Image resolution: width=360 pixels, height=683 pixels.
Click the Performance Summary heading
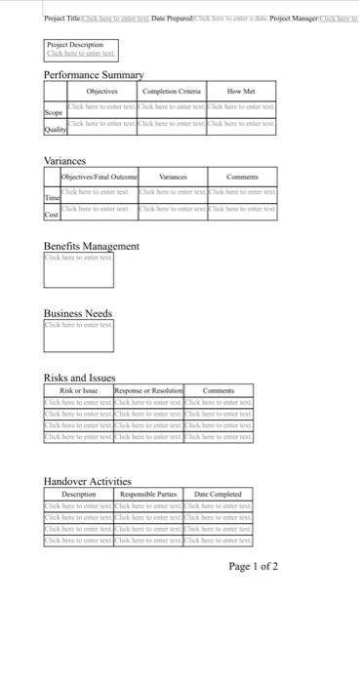click(x=94, y=75)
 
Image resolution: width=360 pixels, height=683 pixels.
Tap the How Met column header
click(x=242, y=91)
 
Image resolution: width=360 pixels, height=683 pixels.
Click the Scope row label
click(x=54, y=112)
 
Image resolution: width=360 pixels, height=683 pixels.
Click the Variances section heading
click(x=65, y=160)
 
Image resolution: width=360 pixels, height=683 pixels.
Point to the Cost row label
click(x=53, y=213)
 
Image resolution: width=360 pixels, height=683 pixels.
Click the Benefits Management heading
click(x=92, y=247)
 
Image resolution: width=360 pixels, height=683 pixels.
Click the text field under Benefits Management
click(x=78, y=270)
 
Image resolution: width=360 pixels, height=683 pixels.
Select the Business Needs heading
click(x=78, y=313)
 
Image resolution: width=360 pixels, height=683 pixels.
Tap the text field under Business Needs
click(x=78, y=337)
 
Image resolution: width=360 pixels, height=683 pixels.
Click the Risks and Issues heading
click(x=79, y=378)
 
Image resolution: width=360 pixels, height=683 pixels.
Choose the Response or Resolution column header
click(x=148, y=389)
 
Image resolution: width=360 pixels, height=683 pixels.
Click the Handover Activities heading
click(x=87, y=481)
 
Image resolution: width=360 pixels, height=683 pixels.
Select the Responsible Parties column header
click(x=148, y=494)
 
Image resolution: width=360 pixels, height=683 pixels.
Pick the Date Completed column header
click(x=218, y=494)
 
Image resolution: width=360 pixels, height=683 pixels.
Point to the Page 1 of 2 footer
click(x=253, y=566)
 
